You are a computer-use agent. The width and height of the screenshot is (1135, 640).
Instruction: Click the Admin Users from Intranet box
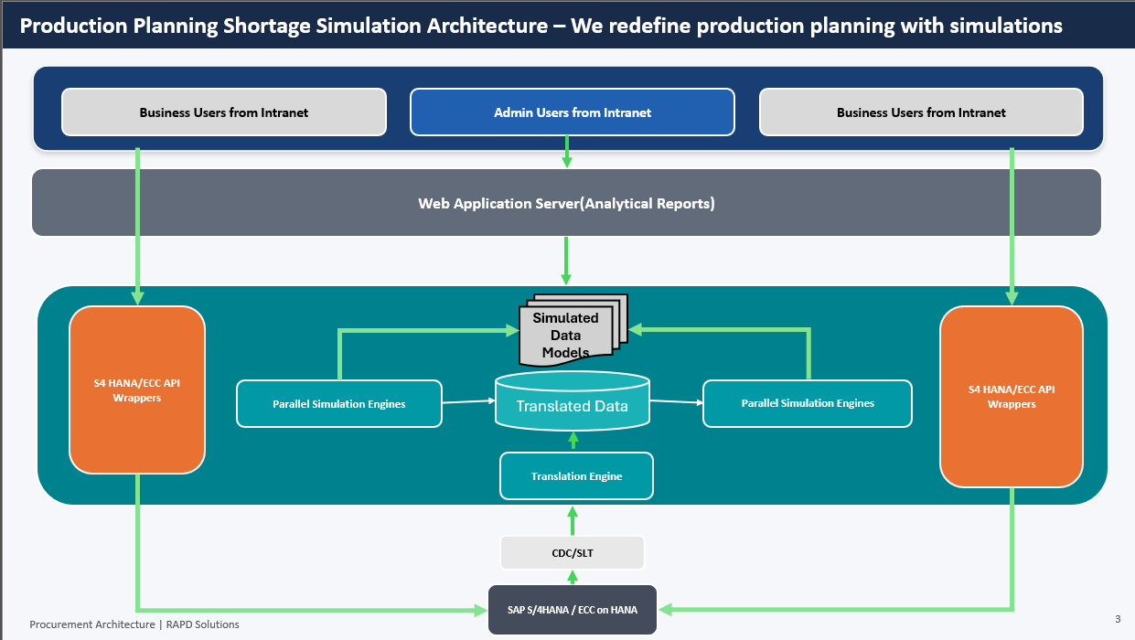coord(572,112)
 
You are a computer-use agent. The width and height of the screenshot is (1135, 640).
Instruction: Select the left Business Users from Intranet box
coord(223,112)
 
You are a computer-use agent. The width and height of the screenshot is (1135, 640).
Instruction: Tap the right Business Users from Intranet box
coord(921,112)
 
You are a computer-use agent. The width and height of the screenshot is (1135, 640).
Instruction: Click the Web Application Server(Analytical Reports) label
coord(566,203)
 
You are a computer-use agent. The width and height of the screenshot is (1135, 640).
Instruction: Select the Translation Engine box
coord(576,476)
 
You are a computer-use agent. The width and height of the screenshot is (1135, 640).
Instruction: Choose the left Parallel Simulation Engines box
coord(338,403)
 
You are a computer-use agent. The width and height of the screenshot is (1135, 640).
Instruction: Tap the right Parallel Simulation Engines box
coord(807,403)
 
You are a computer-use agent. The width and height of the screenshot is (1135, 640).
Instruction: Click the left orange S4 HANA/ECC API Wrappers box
coord(136,390)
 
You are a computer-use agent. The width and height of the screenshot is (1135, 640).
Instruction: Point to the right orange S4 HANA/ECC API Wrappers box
coord(1011,396)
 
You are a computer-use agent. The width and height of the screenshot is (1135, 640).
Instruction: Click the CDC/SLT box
coord(573,552)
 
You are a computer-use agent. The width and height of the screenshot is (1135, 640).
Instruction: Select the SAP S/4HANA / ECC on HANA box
coord(573,609)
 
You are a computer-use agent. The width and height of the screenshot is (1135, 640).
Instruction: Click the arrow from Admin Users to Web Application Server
coord(567,151)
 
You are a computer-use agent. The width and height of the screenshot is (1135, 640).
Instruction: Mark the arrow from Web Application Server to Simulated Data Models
coord(566,260)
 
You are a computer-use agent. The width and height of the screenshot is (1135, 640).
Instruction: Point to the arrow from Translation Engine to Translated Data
coord(573,441)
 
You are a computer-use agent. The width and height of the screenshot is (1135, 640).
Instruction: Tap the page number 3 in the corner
coord(1118,619)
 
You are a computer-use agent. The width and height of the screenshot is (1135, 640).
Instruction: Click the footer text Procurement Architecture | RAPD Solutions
coord(134,624)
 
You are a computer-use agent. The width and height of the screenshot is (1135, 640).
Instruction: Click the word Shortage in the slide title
coord(267,26)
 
